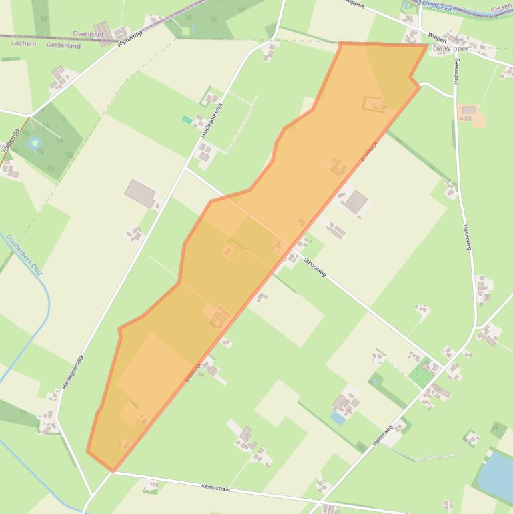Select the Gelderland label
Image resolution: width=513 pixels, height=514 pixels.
coord(64,46)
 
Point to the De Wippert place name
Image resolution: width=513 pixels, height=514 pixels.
coord(452,49)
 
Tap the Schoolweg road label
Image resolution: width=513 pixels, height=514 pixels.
coord(314,268)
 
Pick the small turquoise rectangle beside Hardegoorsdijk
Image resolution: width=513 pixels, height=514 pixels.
coord(187,120)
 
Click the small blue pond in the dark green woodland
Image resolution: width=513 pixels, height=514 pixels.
coord(34,143)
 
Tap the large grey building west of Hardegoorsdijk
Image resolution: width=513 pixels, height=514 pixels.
coord(140,193)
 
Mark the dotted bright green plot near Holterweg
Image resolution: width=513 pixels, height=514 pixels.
coord(422,372)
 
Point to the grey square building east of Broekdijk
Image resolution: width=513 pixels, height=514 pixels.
coord(356,200)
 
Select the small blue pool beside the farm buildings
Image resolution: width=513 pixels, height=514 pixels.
coord(338,418)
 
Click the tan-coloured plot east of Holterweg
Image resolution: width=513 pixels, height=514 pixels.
coord(478,120)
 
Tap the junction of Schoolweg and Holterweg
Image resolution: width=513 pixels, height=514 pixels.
coord(442,364)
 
